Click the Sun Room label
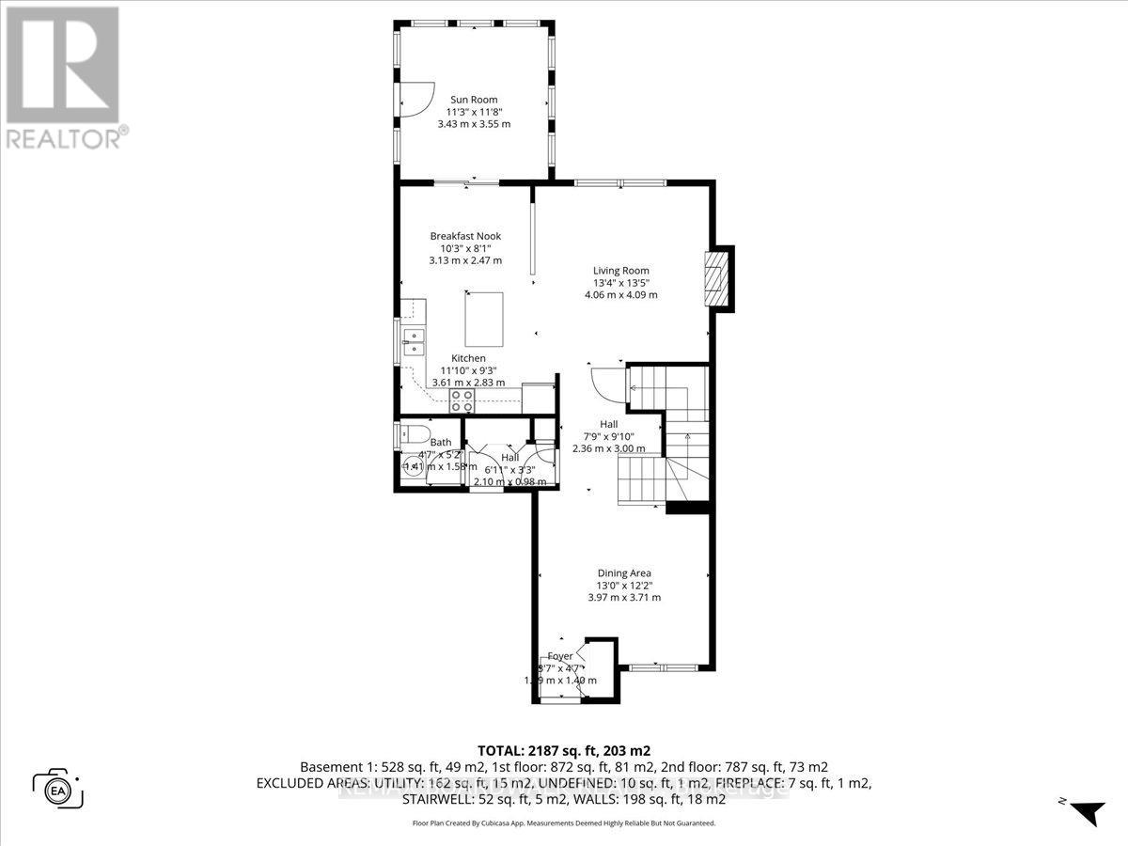[474, 100]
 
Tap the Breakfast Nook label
[465, 236]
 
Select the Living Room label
[620, 270]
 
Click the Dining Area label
[624, 572]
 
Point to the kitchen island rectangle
[483, 318]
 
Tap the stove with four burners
[462, 401]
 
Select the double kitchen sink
[414, 340]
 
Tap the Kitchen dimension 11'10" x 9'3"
[468, 370]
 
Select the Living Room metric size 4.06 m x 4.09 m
[620, 294]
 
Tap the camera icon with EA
[58, 788]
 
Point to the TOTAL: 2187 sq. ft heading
[563, 751]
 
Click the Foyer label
[560, 656]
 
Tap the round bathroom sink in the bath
[410, 466]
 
